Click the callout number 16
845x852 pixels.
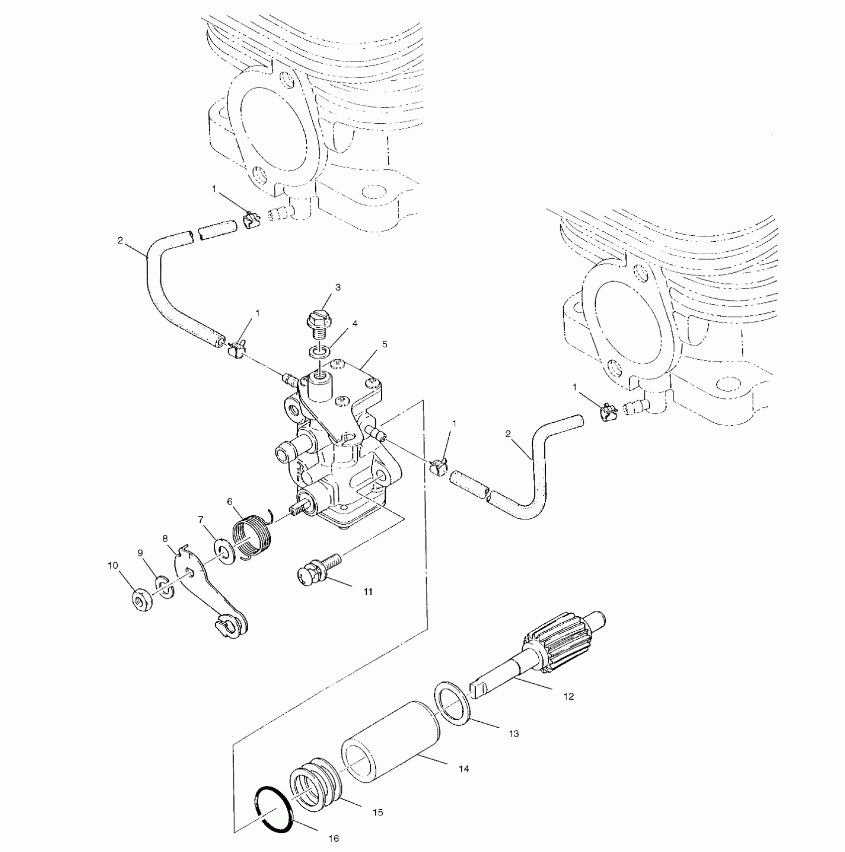334,838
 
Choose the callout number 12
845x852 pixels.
569,696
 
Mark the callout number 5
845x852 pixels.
385,344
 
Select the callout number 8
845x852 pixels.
166,538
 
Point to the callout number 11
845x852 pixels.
368,591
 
